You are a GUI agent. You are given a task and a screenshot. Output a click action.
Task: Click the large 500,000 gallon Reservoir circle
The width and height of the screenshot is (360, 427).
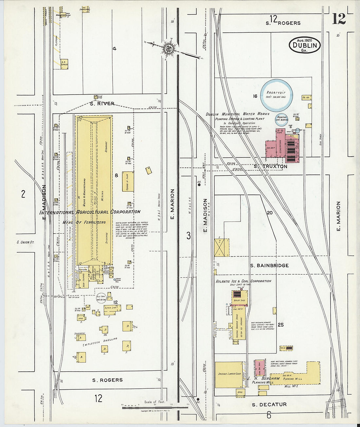[x=277, y=95]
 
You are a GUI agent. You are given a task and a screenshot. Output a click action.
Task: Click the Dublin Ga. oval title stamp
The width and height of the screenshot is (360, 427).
[x=304, y=45]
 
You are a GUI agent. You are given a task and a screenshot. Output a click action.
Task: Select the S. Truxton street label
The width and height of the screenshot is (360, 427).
[x=271, y=167]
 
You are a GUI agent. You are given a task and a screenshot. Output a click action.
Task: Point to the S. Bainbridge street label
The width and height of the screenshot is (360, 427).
[x=269, y=265]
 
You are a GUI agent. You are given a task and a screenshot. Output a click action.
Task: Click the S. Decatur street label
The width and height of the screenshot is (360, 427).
[x=269, y=405]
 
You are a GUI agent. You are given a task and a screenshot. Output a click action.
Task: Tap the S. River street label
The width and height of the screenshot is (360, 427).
[x=102, y=104]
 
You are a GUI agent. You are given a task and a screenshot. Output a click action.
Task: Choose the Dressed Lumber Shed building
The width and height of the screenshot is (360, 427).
[x=229, y=374]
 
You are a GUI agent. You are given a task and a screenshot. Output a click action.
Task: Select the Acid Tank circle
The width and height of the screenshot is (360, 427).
[x=101, y=297]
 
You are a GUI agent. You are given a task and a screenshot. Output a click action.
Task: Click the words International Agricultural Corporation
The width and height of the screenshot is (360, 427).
[x=90, y=212]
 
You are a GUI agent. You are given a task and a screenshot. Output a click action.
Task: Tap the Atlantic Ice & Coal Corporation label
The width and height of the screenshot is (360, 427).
[x=243, y=281]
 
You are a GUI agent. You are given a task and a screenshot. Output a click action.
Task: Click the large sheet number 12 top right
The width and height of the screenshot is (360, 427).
[x=339, y=19]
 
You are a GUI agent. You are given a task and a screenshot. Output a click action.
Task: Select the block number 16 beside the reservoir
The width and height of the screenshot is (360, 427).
[x=255, y=96]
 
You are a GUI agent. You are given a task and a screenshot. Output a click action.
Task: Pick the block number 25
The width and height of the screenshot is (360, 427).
[x=280, y=325]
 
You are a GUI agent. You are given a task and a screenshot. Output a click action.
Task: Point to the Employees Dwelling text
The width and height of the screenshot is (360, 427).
[x=100, y=342]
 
